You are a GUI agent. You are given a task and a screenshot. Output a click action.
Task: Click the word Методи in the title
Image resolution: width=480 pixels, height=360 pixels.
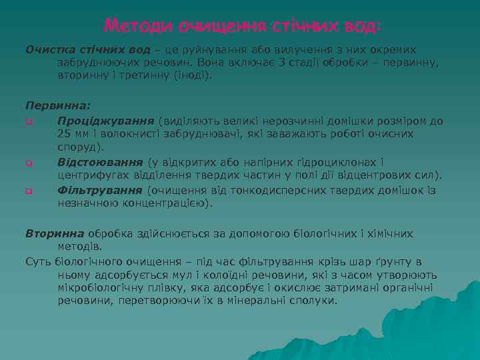tap(138, 26)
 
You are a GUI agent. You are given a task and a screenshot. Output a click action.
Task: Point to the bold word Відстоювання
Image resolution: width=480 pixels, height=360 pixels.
tap(100, 162)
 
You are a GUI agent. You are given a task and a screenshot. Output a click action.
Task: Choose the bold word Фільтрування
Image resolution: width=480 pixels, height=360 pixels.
tap(101, 190)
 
